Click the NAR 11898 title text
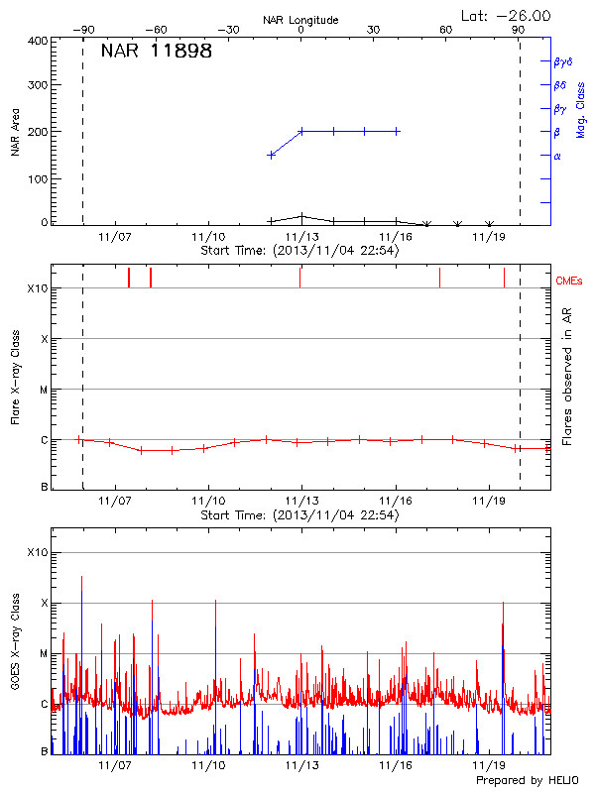(x=156, y=53)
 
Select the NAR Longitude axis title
(x=300, y=20)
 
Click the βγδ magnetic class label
(x=562, y=61)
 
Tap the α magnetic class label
(x=557, y=156)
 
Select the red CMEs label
(x=569, y=283)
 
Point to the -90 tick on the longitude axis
(x=83, y=31)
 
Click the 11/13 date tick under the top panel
(x=301, y=238)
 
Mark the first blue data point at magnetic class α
(x=271, y=155)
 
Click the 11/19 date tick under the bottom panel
(x=489, y=766)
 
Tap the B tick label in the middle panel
(x=44, y=487)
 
